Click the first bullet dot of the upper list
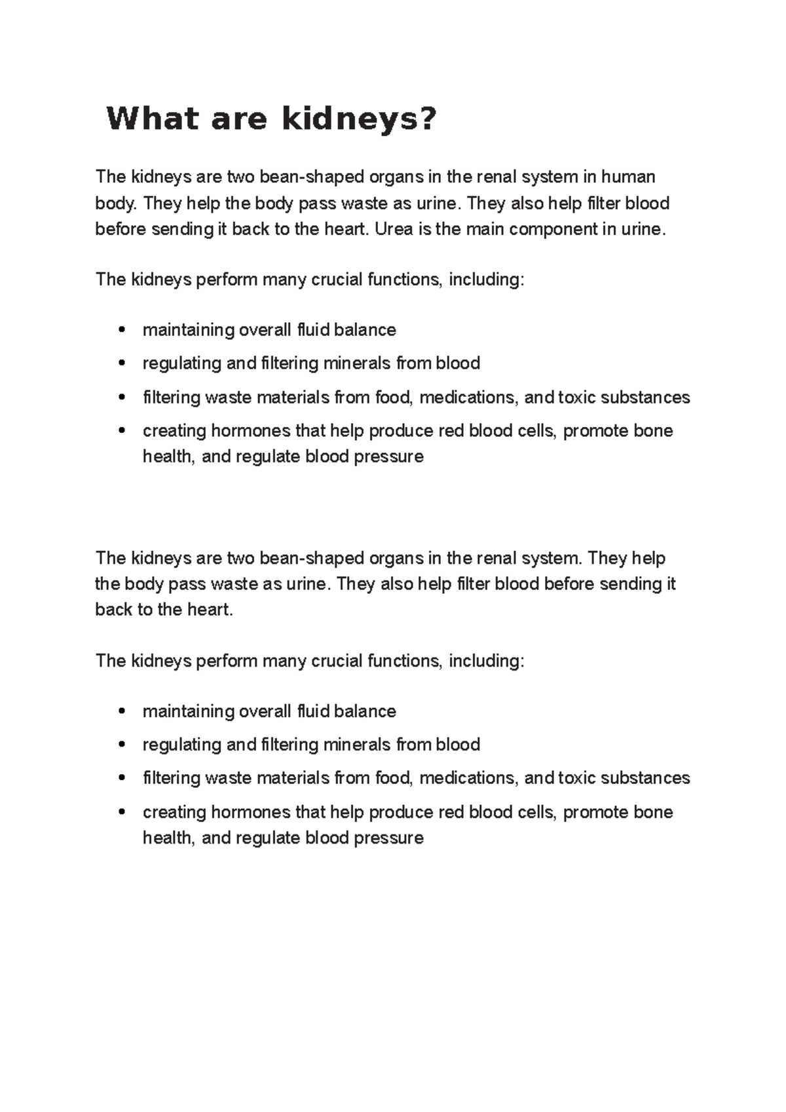click(121, 329)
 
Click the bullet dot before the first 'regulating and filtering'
click(121, 363)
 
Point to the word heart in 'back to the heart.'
click(209, 610)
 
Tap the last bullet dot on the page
click(121, 812)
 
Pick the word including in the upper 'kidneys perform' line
click(485, 280)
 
